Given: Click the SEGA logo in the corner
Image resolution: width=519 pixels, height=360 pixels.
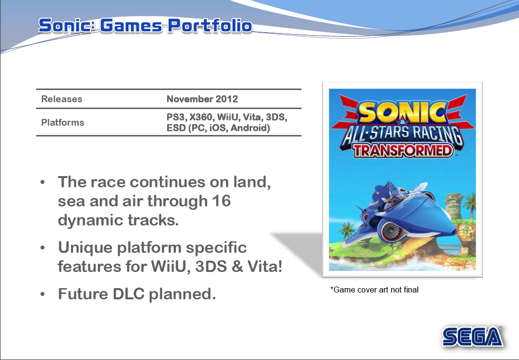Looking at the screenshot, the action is pyautogui.click(x=473, y=337).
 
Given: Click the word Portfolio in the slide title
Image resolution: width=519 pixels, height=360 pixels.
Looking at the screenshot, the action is pyautogui.click(x=210, y=25).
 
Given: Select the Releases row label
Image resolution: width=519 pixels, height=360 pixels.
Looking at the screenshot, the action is pyautogui.click(x=62, y=99).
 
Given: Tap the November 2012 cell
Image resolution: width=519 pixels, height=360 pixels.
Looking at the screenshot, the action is pyautogui.click(x=202, y=99).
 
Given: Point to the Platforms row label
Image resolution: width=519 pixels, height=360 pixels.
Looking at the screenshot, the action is pyautogui.click(x=63, y=123).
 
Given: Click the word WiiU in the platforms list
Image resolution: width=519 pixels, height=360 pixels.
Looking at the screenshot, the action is pyautogui.click(x=228, y=117).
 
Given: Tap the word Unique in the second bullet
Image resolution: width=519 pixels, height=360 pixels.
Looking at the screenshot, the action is pyautogui.click(x=85, y=247).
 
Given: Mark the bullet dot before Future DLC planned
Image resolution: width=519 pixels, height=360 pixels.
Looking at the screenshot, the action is pyautogui.click(x=43, y=294).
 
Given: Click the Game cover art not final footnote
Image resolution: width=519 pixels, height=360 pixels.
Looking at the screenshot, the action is pyautogui.click(x=374, y=290).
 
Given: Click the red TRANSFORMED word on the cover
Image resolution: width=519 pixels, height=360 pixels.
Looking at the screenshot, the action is pyautogui.click(x=403, y=151).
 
